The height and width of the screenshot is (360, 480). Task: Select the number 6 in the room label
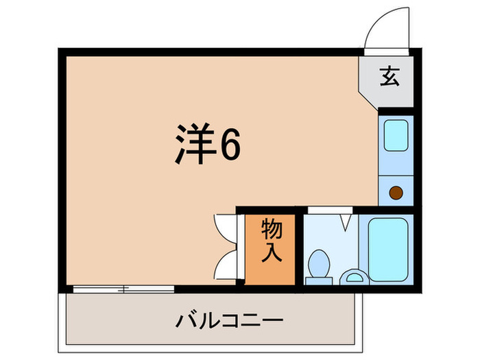click(229, 144)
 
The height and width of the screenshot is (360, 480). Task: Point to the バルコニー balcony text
click(229, 320)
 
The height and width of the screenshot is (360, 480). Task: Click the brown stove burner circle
click(396, 193)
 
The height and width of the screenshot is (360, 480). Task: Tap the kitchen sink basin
click(396, 135)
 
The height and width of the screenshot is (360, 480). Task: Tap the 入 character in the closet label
click(271, 254)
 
